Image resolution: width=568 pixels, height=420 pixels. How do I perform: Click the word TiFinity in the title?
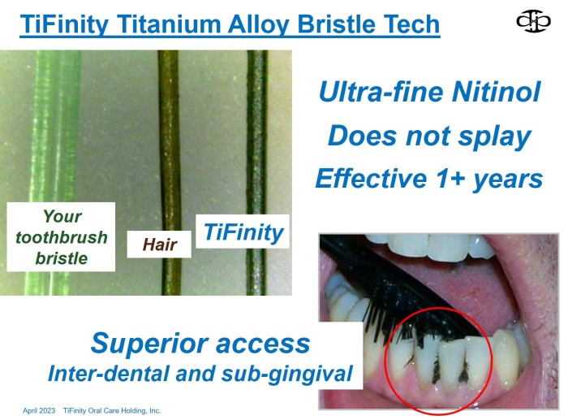coord(64,24)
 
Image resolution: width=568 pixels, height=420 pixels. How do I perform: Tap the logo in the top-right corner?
coord(533,21)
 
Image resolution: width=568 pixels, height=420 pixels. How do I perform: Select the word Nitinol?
coord(497,92)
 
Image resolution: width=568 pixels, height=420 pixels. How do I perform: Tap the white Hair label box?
coord(159,244)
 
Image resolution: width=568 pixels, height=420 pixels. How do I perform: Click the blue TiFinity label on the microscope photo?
coord(243,232)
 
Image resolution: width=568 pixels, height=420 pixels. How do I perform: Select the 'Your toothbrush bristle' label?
coord(61,237)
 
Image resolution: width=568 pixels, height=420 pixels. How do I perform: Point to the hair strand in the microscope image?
coord(170,145)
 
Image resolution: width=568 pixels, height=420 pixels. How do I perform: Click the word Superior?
coord(149,343)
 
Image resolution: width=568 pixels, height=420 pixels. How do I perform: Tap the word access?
coord(263,344)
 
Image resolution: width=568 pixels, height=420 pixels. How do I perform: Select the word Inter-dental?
coord(108,374)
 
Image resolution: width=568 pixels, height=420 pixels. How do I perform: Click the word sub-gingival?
coord(287,375)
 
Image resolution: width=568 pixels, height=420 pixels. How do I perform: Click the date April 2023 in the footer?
coord(39,410)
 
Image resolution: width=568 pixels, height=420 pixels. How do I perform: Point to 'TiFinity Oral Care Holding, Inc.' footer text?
coord(112,410)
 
